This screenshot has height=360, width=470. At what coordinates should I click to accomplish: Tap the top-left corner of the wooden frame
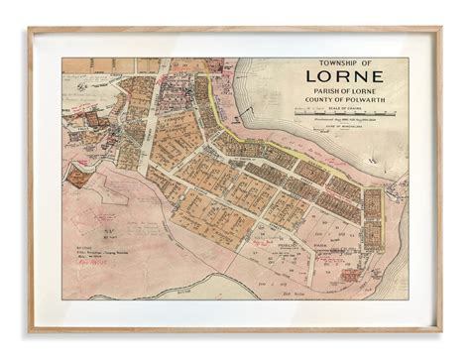coord(31,29)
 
